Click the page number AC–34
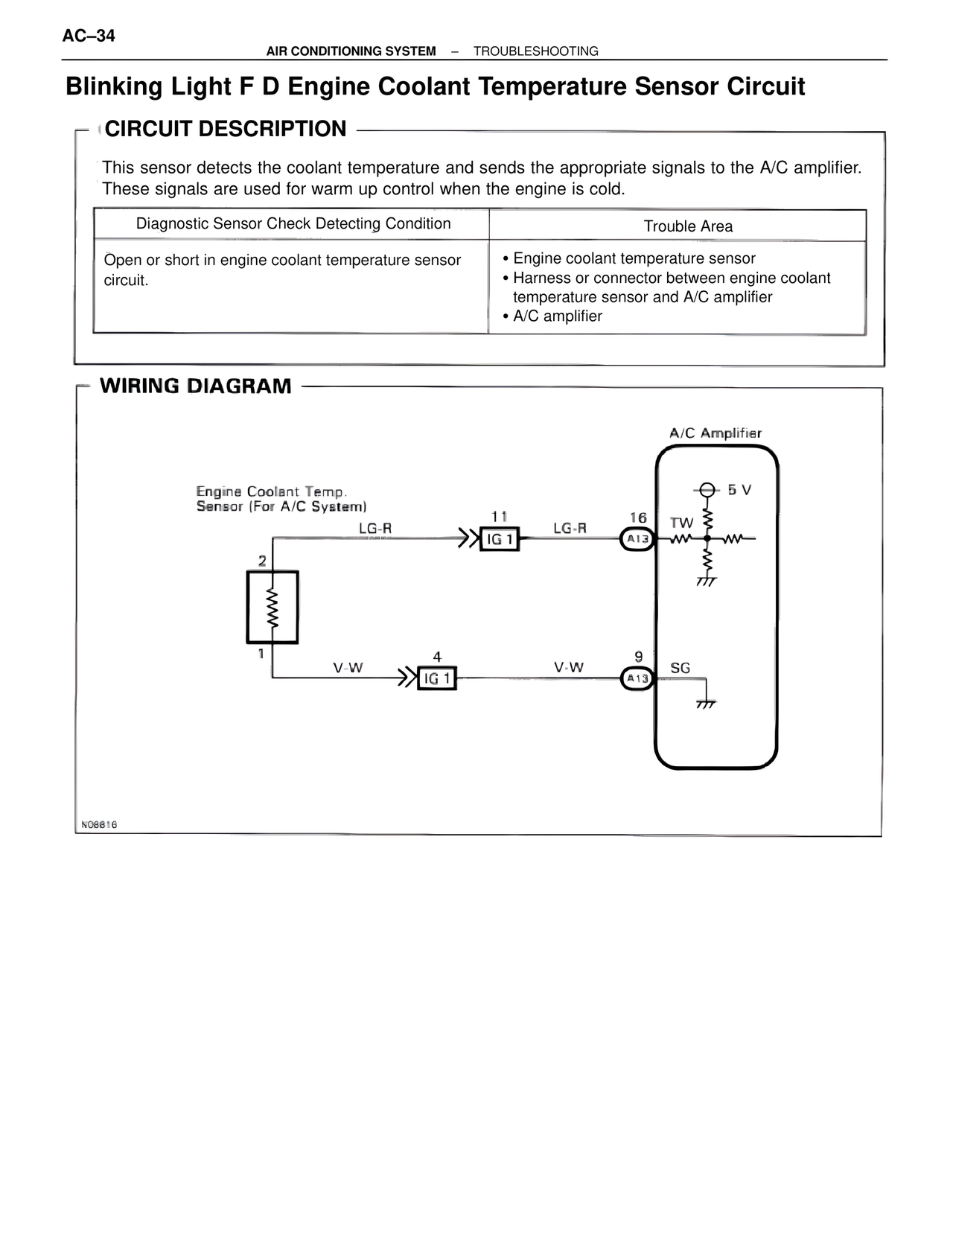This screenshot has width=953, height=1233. coord(89,36)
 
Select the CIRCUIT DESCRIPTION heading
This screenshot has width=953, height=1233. coord(226,129)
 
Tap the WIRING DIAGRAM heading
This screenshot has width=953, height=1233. coord(196,386)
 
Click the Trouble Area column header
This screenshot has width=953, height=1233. coord(688,226)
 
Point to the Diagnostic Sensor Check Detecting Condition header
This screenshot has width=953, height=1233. coord(293,224)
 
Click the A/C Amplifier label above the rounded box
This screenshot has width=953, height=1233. coord(715,433)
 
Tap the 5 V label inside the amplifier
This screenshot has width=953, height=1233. coord(739,490)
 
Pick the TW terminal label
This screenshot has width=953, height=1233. coord(681,523)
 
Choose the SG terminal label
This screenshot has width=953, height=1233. coord(680,668)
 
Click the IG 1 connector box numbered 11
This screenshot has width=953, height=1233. coord(500,538)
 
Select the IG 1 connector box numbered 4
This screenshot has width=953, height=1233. coord(437,678)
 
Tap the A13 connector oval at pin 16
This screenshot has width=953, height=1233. coord(637,538)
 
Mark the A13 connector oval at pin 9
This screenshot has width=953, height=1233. coord(637,678)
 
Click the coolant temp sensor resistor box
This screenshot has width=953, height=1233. coord(272,607)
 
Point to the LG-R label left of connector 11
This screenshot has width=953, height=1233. coord(375,529)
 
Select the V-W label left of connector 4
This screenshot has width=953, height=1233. coord(348,668)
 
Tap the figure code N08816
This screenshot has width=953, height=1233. coord(99,825)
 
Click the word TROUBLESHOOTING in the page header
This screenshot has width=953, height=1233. coord(536,51)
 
